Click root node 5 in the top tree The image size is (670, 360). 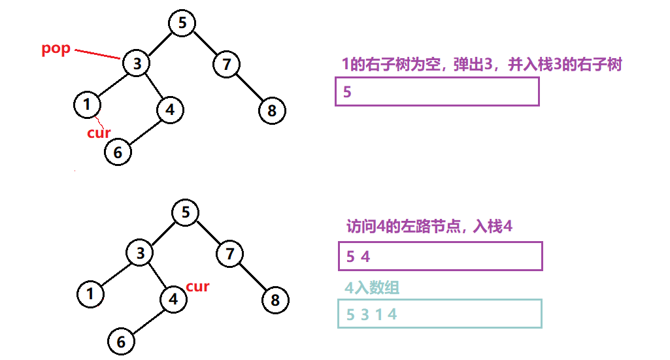click(182, 23)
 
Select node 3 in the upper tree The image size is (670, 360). click(137, 64)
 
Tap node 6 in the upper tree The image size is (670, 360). click(118, 152)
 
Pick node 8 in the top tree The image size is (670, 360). click(271, 110)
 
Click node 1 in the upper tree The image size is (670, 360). click(87, 105)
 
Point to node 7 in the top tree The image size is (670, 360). click(226, 64)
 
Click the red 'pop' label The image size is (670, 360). click(56, 49)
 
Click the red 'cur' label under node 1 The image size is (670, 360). click(99, 133)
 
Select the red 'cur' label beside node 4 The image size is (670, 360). click(197, 286)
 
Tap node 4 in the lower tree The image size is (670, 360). click(173, 299)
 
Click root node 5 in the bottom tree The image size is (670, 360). click(186, 212)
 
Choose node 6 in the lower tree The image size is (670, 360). click(121, 341)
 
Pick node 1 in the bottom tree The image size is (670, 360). click(90, 293)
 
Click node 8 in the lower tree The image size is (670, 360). click(275, 300)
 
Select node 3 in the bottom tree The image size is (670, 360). click(140, 254)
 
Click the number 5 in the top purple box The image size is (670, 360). click(347, 92)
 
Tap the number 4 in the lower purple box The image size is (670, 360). click(365, 257)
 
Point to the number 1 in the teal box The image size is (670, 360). click(378, 314)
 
